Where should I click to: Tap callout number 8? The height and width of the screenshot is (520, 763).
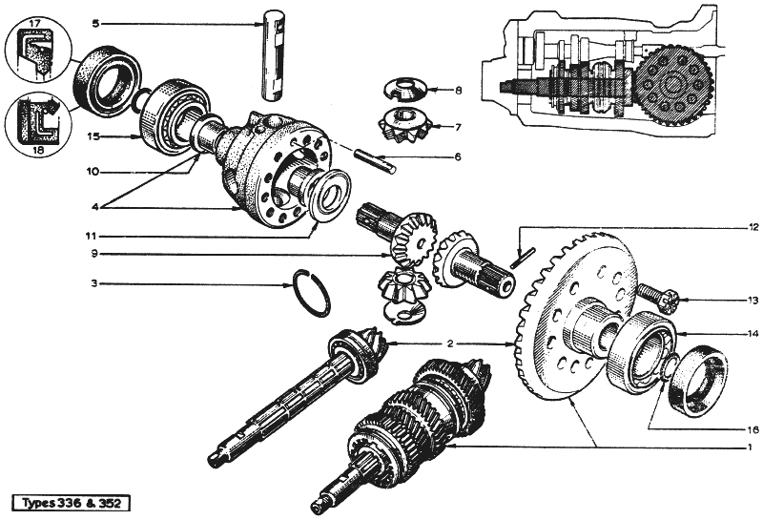coord(458,91)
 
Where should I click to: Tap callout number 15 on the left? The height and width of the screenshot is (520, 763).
coord(94,136)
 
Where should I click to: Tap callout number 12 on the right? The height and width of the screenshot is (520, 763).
coord(753,227)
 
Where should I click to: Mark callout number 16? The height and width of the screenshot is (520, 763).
coord(753,429)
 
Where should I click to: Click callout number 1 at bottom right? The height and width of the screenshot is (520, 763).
coord(753,447)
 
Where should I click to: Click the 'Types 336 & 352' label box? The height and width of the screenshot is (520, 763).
coord(71,503)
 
